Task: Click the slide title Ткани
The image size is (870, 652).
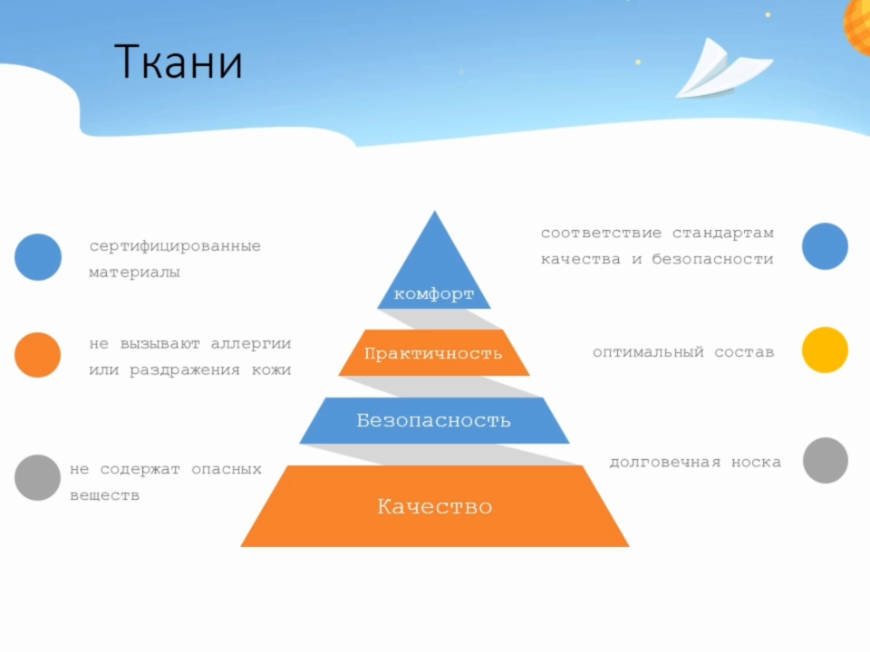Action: pyautogui.click(x=179, y=62)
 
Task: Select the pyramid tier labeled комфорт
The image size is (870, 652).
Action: pyautogui.click(x=434, y=261)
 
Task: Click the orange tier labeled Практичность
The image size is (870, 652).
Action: pyautogui.click(x=434, y=352)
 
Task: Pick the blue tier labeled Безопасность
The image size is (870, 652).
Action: pyautogui.click(x=434, y=420)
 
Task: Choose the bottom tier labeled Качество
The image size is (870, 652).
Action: pyautogui.click(x=434, y=506)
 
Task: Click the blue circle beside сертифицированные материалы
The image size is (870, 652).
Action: pyautogui.click(x=38, y=256)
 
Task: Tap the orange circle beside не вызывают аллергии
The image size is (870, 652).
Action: pyautogui.click(x=38, y=355)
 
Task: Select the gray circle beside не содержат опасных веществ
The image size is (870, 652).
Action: pyautogui.click(x=38, y=477)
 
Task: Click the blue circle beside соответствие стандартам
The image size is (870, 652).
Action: pyautogui.click(x=825, y=246)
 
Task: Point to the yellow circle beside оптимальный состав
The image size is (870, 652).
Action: pyautogui.click(x=825, y=350)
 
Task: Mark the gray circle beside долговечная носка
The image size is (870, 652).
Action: pyautogui.click(x=825, y=460)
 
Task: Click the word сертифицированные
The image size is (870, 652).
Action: pyautogui.click(x=175, y=246)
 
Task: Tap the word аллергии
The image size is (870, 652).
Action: pyautogui.click(x=251, y=344)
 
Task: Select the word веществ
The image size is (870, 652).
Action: pyautogui.click(x=104, y=495)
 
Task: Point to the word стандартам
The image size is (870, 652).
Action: pyautogui.click(x=723, y=234)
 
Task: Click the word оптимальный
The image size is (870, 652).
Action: pyautogui.click(x=648, y=352)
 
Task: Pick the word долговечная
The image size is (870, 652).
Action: pyautogui.click(x=664, y=462)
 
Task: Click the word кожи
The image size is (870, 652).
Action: pyautogui.click(x=271, y=369)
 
